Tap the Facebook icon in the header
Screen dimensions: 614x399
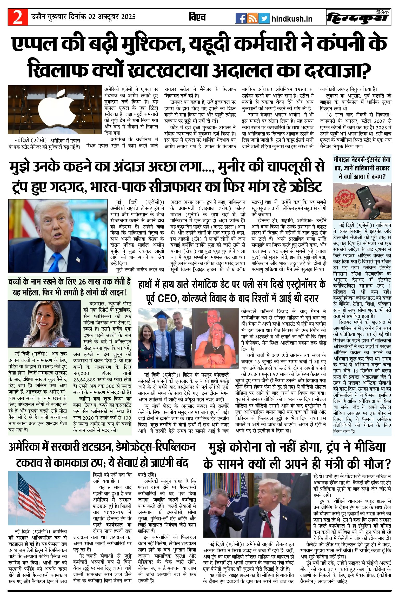click(x=241, y=18)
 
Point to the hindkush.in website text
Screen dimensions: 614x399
click(x=292, y=19)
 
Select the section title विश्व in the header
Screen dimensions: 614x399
click(x=197, y=17)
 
